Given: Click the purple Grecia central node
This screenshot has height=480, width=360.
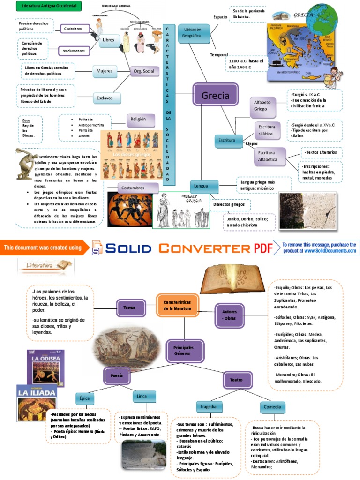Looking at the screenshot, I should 215,96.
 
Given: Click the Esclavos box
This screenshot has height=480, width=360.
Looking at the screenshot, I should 106,98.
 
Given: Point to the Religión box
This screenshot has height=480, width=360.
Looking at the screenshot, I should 141,120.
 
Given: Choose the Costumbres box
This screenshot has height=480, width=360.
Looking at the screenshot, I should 133,187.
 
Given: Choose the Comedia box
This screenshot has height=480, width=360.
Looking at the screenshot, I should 272,407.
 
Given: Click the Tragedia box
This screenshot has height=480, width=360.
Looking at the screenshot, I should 209,406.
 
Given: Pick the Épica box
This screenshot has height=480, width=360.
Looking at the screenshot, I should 84,398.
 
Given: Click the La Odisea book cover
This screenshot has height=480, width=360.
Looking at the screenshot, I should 46,367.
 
